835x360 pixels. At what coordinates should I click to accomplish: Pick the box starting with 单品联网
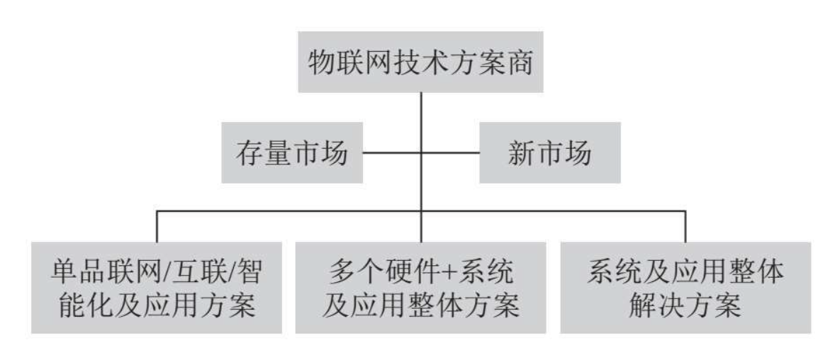157,288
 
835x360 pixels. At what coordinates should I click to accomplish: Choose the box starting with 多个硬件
421,288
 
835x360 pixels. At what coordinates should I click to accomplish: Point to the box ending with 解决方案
685,288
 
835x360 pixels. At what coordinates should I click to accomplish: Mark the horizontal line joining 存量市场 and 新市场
421,153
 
